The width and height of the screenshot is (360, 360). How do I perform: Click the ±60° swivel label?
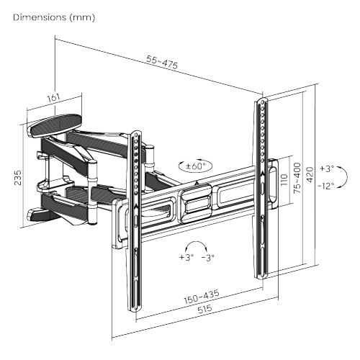pyautogui.click(x=195, y=166)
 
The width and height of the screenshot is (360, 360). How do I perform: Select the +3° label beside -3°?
pyautogui.click(x=186, y=257)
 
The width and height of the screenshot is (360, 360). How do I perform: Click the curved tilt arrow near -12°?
pyautogui.click(x=345, y=177)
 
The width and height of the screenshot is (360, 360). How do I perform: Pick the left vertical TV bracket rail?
pyautogui.click(x=134, y=216)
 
